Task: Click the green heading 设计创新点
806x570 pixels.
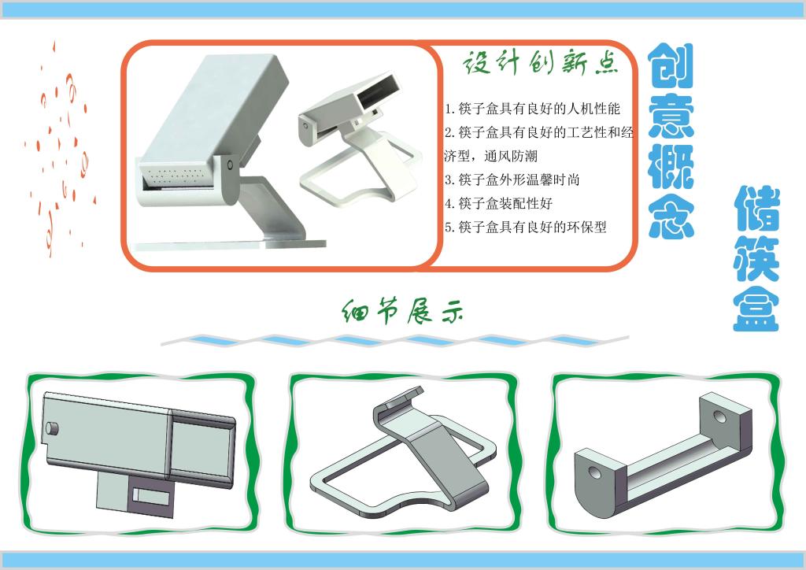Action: pos(541,63)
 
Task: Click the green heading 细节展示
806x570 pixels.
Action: pos(402,311)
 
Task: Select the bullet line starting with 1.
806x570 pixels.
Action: pos(533,109)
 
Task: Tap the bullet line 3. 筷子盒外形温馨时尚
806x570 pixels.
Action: pos(512,180)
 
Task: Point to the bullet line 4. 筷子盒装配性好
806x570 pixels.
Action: pos(498,203)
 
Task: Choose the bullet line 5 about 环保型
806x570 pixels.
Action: pos(525,227)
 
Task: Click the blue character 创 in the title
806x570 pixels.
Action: pos(671,66)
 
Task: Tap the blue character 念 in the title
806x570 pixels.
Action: pos(671,216)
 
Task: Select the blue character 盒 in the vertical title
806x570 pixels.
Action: pos(756,309)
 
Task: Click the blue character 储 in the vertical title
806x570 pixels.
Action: pos(756,209)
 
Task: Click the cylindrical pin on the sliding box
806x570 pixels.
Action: pos(53,428)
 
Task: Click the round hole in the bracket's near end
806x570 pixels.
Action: pos(595,471)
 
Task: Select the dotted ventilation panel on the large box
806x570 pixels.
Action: pos(177,175)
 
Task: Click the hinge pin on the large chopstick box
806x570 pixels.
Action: pos(229,165)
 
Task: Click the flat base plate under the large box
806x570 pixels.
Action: pos(229,245)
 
